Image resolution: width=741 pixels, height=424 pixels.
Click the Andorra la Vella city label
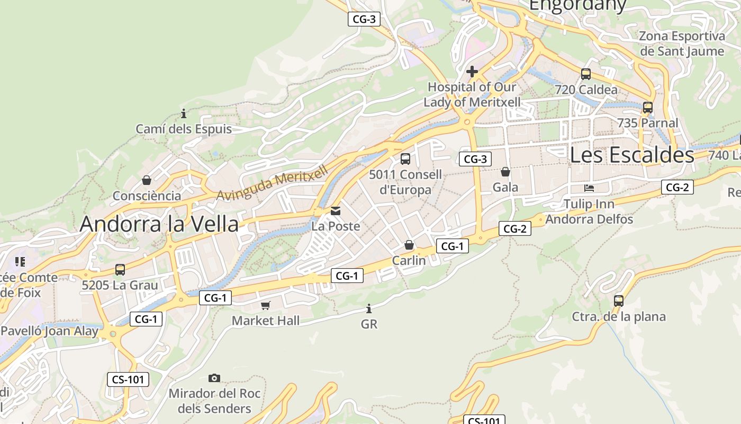[159, 224]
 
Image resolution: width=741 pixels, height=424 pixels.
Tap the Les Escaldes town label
[632, 155]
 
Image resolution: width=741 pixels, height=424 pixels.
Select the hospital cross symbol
[472, 71]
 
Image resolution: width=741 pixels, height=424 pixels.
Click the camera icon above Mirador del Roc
[214, 378]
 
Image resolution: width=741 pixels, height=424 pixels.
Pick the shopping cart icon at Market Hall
[266, 305]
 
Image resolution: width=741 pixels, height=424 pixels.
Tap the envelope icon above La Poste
[336, 211]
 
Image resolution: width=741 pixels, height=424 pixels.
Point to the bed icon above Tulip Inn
[589, 188]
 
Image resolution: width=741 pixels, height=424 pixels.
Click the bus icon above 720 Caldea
[585, 74]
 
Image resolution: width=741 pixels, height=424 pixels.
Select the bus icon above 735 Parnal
[647, 108]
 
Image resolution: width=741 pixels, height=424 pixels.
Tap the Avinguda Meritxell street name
[273, 183]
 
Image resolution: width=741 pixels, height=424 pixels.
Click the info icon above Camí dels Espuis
[184, 113]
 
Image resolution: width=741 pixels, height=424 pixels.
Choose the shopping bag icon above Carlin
[409, 245]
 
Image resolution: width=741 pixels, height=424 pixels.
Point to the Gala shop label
[505, 187]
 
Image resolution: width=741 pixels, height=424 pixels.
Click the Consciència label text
[147, 196]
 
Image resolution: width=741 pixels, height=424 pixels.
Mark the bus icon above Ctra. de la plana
[619, 301]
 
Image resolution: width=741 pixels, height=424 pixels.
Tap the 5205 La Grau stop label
[120, 285]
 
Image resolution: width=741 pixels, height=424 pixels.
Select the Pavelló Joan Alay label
[49, 331]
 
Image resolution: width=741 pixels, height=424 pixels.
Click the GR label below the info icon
[369, 324]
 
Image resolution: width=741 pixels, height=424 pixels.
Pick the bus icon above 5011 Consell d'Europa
[405, 158]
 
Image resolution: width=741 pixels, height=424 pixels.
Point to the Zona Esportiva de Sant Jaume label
[682, 43]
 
